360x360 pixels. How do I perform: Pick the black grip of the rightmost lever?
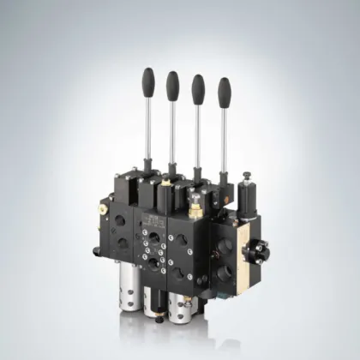224,90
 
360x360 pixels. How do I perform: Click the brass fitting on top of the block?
195,206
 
